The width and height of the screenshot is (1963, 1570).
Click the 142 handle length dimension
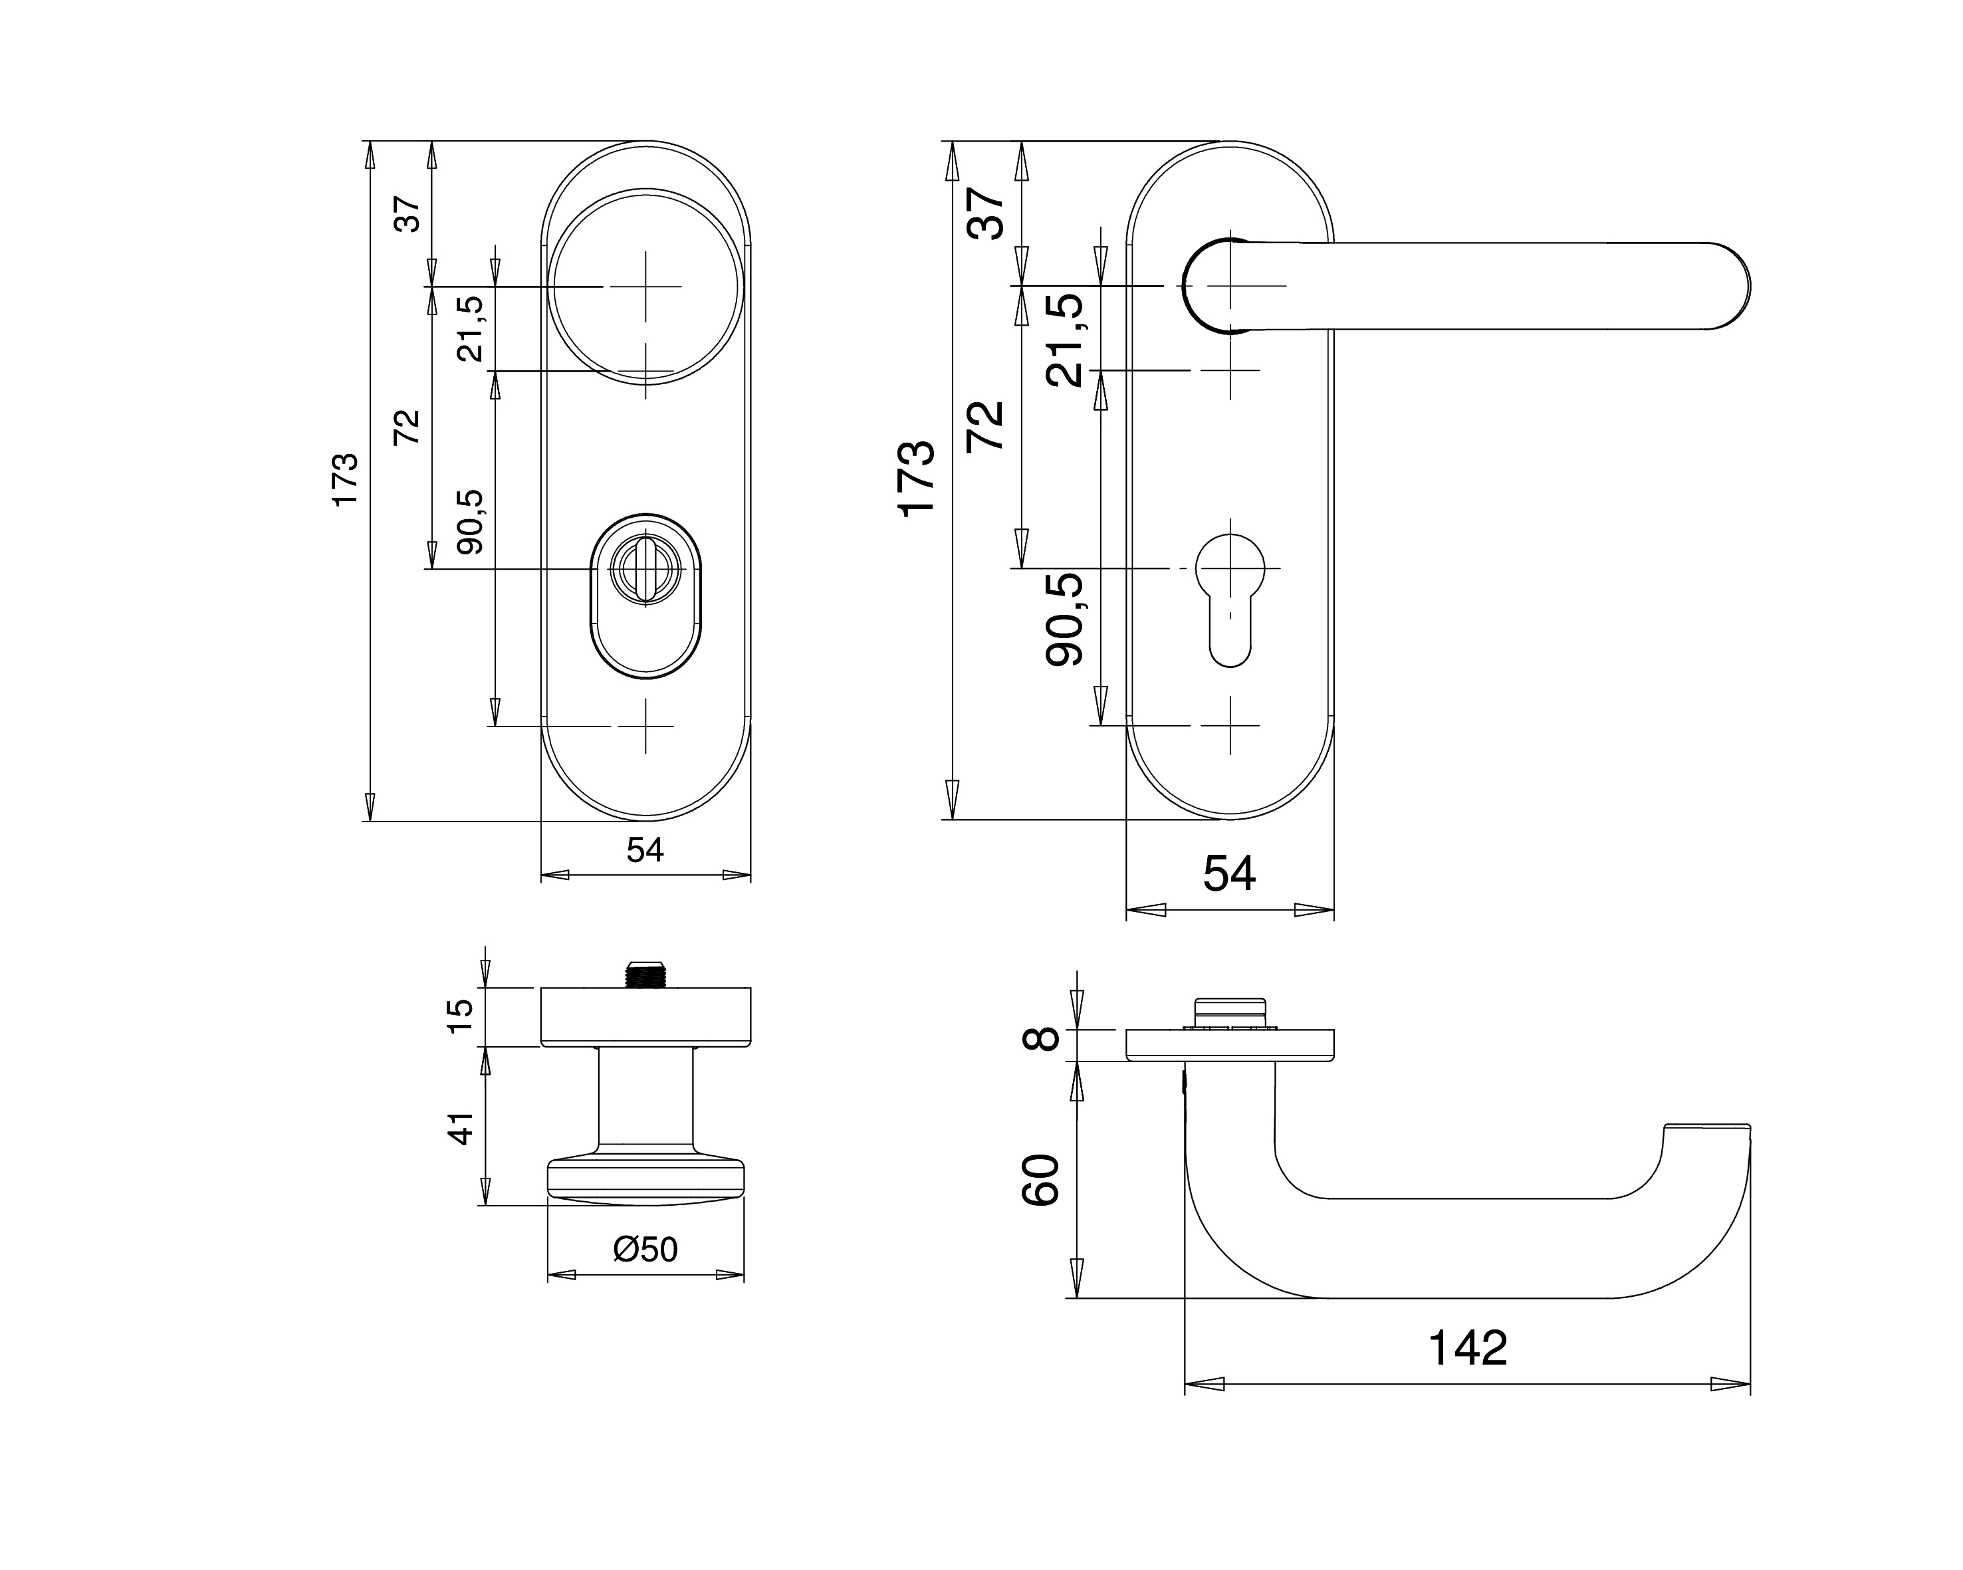point(1468,1348)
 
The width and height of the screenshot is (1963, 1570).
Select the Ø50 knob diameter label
point(645,1249)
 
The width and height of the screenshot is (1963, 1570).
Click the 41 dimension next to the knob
point(461,1129)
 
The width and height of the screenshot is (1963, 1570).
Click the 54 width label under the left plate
point(645,850)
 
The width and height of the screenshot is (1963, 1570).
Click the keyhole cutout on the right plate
point(1230,601)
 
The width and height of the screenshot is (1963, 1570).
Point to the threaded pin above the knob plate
point(645,974)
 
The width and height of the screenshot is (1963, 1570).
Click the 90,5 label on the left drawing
point(471,522)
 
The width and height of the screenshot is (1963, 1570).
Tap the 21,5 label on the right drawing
point(1066,340)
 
